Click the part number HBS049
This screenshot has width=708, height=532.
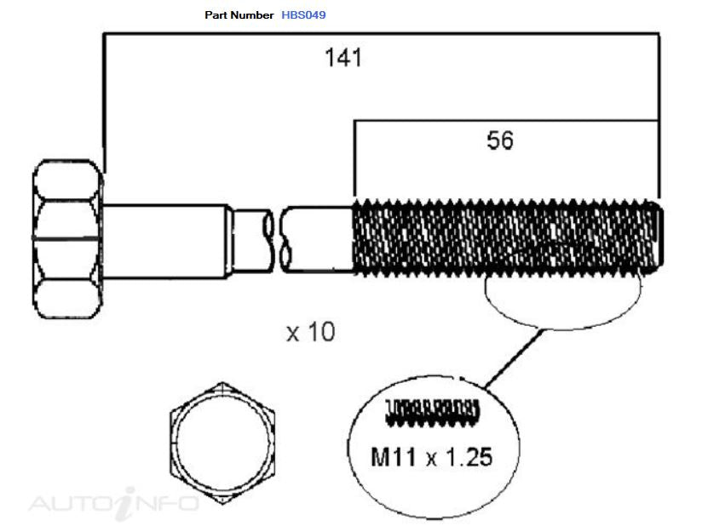tap(303, 14)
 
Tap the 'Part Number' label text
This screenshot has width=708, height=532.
tap(239, 14)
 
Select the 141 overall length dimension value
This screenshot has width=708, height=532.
tap(343, 58)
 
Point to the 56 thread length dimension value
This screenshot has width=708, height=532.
tap(500, 140)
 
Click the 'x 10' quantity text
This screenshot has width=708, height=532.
tap(311, 332)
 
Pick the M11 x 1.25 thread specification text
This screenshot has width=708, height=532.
tap(432, 457)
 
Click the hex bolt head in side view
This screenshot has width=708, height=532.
tap(67, 239)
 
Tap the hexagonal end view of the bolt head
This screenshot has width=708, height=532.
tap(222, 443)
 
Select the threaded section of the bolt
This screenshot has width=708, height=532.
tap(505, 237)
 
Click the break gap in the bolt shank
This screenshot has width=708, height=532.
tap(276, 239)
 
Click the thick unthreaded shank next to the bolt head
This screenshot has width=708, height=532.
tap(164, 241)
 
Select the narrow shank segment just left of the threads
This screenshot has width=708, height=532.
tap(319, 239)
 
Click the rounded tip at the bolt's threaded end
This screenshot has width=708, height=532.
tap(659, 237)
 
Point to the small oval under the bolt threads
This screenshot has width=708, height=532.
tap(562, 327)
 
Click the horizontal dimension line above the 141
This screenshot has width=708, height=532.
tap(381, 33)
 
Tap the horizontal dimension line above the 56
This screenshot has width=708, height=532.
tap(506, 121)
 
